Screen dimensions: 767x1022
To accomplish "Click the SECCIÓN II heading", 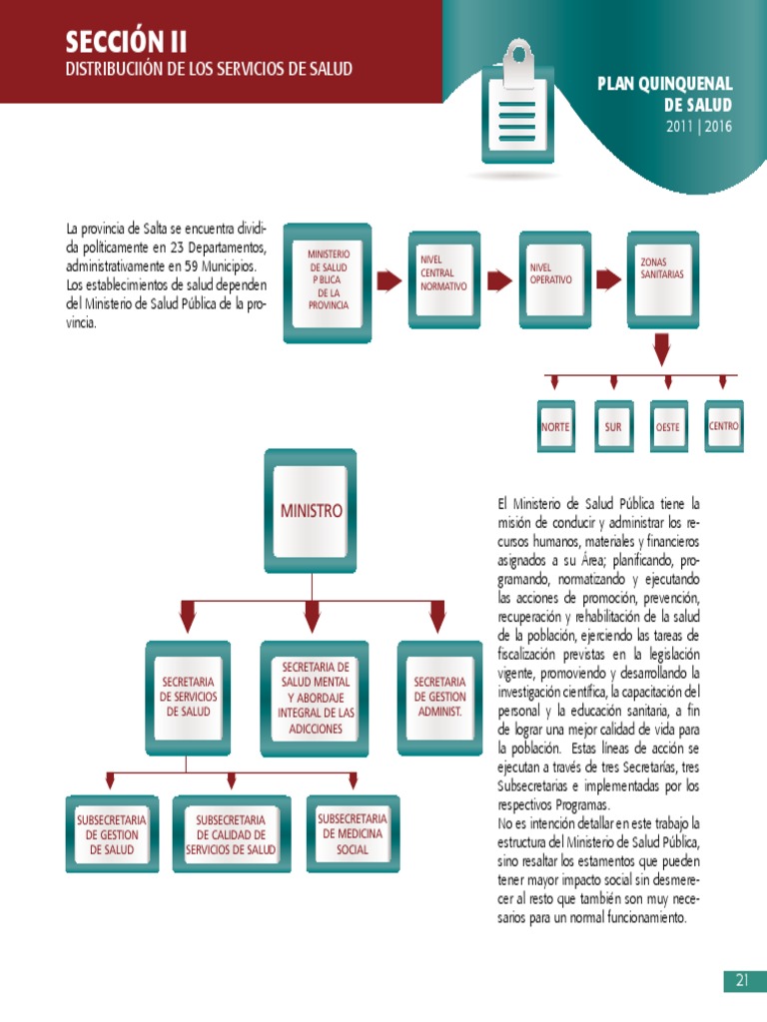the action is pos(126,42).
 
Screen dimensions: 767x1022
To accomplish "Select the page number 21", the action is pos(742,980).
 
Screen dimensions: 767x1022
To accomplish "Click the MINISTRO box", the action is pos(312,511).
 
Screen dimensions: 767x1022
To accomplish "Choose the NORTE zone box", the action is pos(555,426).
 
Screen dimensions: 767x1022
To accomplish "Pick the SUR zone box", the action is pos(612,426).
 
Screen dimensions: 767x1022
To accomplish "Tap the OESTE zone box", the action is pos(668,426).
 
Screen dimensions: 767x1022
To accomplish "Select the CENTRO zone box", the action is pos(724,426).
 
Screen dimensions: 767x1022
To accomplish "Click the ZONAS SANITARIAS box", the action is pos(662,277).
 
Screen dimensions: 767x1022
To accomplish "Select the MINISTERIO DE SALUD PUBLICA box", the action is pos(329,281).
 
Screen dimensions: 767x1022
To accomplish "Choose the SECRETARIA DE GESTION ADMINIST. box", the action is pos(439,696).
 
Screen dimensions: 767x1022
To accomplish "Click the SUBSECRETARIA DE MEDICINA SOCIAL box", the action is pos(353,835).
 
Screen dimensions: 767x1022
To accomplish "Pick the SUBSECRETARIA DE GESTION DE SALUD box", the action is pos(112,835).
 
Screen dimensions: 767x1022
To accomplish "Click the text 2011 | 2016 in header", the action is pos(698,127).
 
